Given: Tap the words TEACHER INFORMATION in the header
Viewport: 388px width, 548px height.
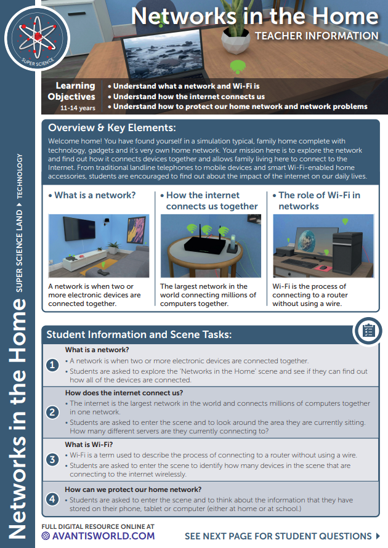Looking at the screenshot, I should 317,36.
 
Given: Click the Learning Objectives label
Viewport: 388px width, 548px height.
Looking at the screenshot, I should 75,91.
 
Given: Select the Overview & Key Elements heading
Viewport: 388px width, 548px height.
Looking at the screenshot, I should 111,128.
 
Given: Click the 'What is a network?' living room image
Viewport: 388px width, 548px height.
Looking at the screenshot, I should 99,246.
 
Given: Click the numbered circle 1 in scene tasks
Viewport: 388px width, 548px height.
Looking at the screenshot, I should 53,365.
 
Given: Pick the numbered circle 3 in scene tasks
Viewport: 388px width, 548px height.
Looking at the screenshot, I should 53,459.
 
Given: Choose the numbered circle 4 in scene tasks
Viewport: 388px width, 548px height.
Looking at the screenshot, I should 53,499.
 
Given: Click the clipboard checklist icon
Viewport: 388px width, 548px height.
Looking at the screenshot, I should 368,331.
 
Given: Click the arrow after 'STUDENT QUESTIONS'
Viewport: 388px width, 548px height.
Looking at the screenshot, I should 378,536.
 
